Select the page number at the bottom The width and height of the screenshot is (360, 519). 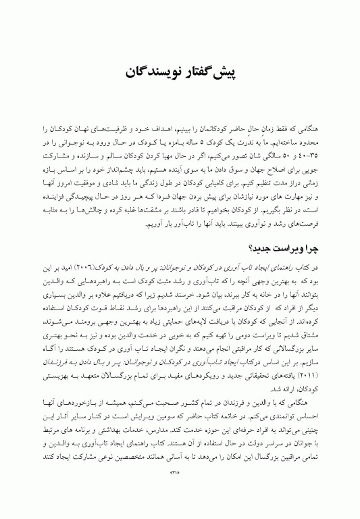(179, 491)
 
